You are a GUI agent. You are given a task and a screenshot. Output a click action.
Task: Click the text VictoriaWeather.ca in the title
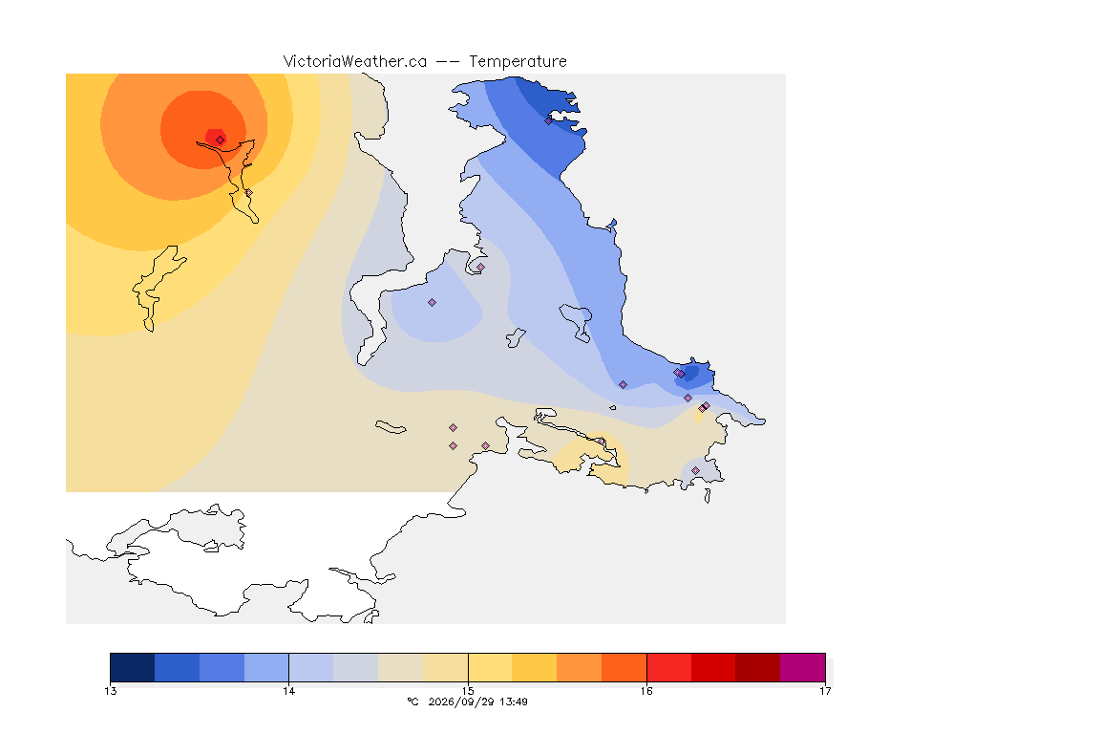tap(355, 62)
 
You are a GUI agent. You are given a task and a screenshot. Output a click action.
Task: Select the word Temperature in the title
tap(518, 62)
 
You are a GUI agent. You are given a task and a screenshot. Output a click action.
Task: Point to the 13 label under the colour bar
tap(111, 691)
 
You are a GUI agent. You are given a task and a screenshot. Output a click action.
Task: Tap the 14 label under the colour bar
tap(289, 691)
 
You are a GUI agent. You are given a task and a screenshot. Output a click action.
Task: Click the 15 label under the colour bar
tap(468, 691)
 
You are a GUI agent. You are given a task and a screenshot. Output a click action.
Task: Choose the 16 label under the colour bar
tap(646, 691)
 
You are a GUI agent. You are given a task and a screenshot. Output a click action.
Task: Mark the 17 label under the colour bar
tap(825, 691)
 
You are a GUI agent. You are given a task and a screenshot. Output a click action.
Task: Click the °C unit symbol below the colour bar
tap(412, 702)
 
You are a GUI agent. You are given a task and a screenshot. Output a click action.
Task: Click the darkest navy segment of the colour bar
tap(133, 667)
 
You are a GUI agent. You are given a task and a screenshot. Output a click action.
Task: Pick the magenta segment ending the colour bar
tap(802, 667)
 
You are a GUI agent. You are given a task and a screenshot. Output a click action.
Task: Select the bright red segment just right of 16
tap(668, 667)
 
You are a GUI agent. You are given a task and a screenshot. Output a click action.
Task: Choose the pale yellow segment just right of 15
tap(490, 667)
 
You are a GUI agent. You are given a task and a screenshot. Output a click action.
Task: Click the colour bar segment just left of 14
tap(266, 667)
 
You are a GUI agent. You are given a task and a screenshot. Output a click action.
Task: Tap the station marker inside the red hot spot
tap(221, 140)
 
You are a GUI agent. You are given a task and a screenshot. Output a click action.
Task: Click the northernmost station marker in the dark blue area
tap(549, 120)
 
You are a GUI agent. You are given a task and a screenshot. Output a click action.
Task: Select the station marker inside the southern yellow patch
tap(602, 442)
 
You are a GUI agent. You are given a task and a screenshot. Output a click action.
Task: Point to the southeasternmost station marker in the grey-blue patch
tap(695, 470)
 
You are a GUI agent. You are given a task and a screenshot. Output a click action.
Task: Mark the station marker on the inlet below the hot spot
tap(248, 192)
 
